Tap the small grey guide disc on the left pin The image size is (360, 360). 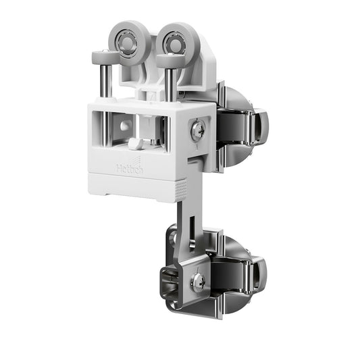pyautogui.click(x=105, y=55)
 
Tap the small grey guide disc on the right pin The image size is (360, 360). pyautogui.click(x=170, y=59)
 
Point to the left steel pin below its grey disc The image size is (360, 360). pyautogui.click(x=105, y=81)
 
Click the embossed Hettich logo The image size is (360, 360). pyautogui.click(x=130, y=166)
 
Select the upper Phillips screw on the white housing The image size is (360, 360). pyautogui.click(x=197, y=132)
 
